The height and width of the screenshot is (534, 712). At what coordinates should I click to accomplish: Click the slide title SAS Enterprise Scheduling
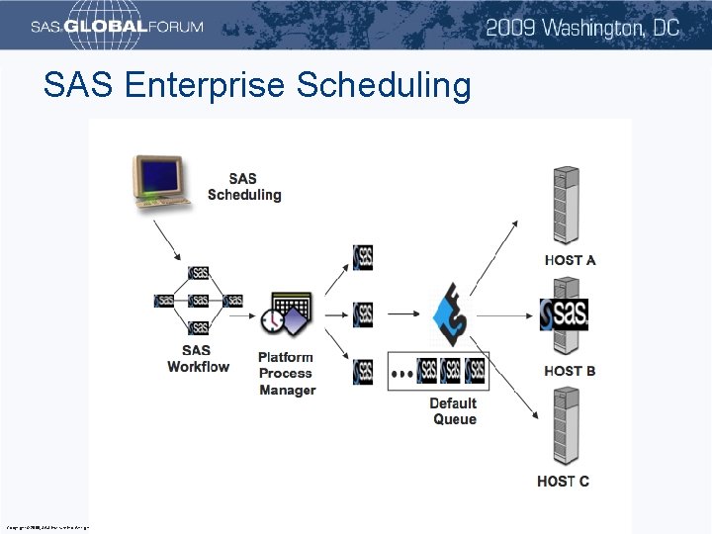(257, 86)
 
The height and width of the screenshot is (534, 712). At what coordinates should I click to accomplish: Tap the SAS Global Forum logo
(117, 27)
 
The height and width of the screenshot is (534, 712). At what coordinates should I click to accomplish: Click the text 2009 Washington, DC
(582, 27)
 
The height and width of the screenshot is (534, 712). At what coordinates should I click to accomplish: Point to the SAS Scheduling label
(244, 187)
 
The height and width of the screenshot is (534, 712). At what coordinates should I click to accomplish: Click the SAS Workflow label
(198, 359)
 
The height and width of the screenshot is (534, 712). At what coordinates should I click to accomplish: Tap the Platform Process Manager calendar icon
(287, 314)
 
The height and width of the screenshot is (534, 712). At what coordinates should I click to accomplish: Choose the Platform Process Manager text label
(287, 374)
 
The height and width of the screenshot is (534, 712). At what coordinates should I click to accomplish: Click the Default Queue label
(454, 411)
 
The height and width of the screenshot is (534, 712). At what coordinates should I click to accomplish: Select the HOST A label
(570, 260)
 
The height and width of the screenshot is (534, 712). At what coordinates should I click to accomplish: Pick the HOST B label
(570, 371)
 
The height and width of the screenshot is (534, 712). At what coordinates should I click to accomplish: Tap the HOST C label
(564, 482)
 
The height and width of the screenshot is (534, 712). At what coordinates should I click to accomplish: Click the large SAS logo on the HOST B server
(565, 314)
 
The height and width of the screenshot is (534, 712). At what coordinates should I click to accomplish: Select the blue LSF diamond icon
(451, 313)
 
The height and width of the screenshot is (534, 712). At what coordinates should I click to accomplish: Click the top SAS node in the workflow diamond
(199, 273)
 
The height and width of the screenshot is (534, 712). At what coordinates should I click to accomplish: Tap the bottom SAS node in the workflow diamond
(199, 327)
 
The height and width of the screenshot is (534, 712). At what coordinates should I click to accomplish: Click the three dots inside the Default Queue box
(402, 374)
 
